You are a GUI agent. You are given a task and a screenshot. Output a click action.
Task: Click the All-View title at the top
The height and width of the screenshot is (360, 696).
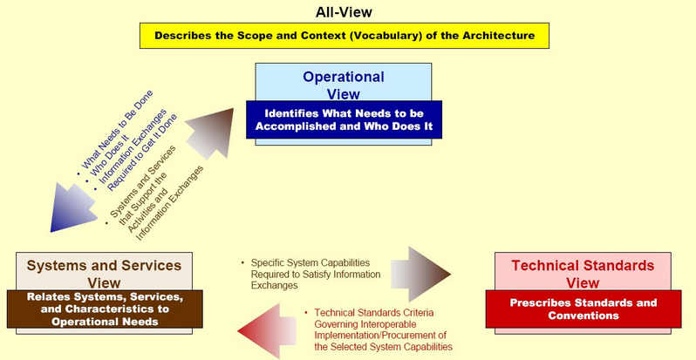point(344,12)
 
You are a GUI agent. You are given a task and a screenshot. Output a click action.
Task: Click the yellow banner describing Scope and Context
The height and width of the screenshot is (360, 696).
point(345,36)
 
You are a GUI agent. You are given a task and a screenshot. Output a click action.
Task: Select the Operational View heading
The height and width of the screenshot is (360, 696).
point(344,85)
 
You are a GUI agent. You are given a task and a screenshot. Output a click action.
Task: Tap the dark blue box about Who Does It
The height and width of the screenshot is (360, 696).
point(344,119)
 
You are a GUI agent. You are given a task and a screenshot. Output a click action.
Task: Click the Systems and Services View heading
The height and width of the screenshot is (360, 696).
point(104,274)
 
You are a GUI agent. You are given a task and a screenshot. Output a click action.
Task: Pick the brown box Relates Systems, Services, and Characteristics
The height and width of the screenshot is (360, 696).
point(105,309)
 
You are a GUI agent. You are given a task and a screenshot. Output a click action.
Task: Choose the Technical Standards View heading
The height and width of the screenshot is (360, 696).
point(583,274)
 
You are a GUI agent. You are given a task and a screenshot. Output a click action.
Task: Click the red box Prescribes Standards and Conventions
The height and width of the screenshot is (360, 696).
point(583,309)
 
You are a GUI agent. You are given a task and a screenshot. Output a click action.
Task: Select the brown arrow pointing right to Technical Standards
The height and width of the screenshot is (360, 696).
point(420,274)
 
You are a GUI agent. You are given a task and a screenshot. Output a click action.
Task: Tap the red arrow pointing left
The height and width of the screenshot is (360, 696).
point(267,330)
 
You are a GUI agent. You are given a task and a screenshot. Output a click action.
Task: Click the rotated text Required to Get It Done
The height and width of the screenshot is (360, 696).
point(142,153)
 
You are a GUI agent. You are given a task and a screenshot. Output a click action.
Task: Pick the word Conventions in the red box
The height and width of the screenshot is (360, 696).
point(583,316)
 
